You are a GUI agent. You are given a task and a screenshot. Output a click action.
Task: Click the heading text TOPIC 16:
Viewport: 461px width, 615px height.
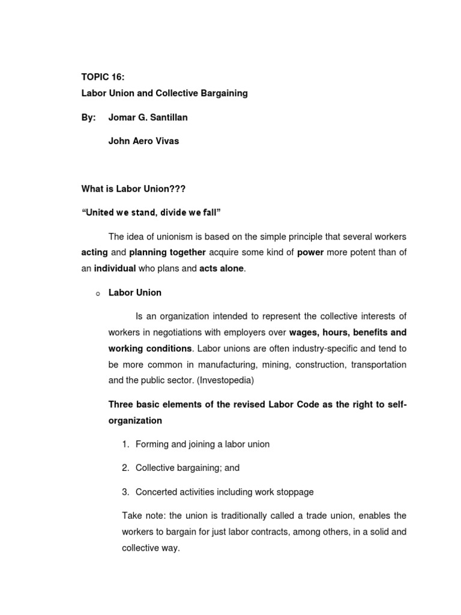tap(104, 77)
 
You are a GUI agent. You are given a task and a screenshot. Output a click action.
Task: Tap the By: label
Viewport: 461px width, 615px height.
tap(88, 117)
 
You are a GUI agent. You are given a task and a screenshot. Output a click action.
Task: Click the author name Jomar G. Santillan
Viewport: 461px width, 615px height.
tap(148, 117)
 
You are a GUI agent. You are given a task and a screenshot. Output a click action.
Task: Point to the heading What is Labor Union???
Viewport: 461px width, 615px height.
tap(133, 189)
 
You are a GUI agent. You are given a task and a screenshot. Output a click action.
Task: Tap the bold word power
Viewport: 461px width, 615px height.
tap(310, 253)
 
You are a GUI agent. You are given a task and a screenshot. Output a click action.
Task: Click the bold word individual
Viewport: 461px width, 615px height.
tap(115, 268)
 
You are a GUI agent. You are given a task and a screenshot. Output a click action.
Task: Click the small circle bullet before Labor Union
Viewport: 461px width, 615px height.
tap(96, 294)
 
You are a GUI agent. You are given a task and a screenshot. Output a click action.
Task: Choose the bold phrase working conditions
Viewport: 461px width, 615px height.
tap(150, 348)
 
